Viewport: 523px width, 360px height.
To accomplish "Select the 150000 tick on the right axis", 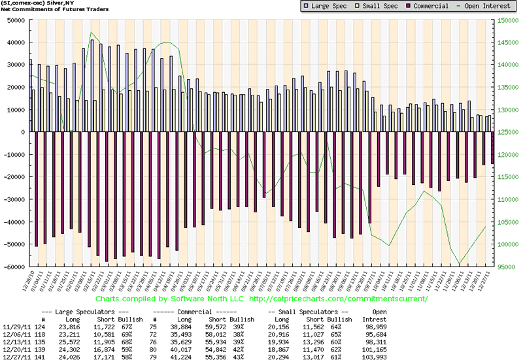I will (507, 20).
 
